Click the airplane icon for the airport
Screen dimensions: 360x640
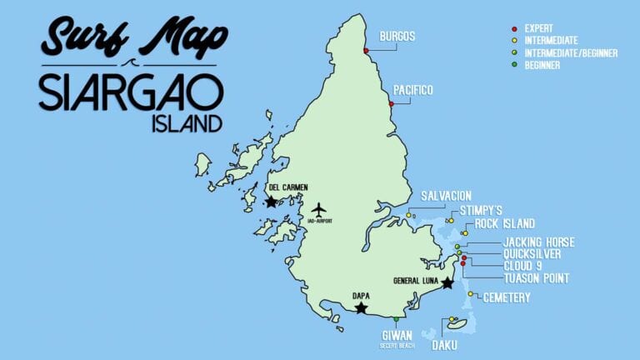[x=319, y=208]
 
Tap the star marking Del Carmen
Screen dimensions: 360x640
[x=271, y=202]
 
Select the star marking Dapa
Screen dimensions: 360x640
[x=361, y=307]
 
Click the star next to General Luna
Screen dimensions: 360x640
[x=447, y=283]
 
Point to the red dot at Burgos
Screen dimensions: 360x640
[x=366, y=52]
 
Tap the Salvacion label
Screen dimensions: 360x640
[x=446, y=195]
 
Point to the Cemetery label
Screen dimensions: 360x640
[x=507, y=297]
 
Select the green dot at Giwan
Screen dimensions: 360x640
[x=397, y=319]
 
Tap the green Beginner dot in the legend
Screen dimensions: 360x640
[x=514, y=64]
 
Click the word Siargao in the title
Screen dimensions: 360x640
[x=131, y=92]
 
